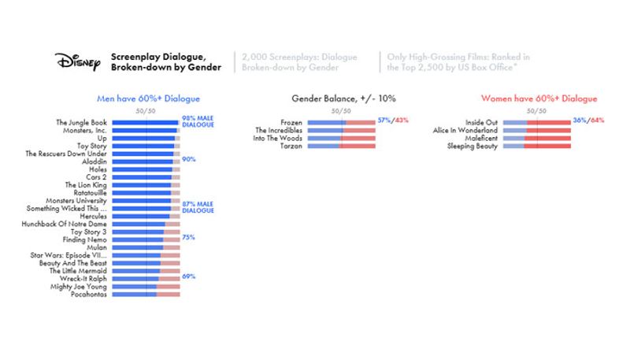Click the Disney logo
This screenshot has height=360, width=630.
[x=77, y=61]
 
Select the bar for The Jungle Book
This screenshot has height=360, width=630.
[x=146, y=123]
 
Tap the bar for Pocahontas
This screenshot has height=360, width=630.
[x=146, y=295]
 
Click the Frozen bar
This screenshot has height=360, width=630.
[x=341, y=123]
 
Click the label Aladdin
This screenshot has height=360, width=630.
[x=94, y=161]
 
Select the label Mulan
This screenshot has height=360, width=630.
[x=95, y=247]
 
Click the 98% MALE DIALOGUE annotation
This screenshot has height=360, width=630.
[x=198, y=121]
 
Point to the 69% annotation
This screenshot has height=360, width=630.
[x=188, y=276]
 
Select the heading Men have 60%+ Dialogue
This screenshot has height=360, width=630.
[x=147, y=98]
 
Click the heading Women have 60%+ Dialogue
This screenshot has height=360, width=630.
[x=539, y=98]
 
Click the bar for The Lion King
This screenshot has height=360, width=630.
[x=146, y=185]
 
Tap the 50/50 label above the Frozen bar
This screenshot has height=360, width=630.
[x=340, y=111]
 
